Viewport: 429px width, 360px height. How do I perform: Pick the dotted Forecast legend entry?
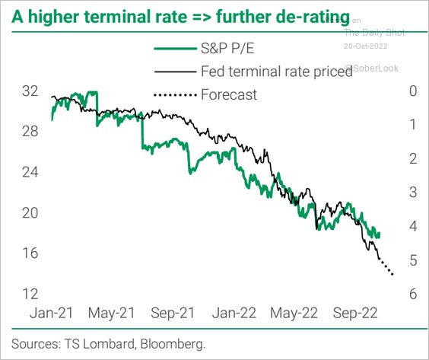(229, 95)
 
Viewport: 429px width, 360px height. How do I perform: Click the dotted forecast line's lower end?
(392, 275)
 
